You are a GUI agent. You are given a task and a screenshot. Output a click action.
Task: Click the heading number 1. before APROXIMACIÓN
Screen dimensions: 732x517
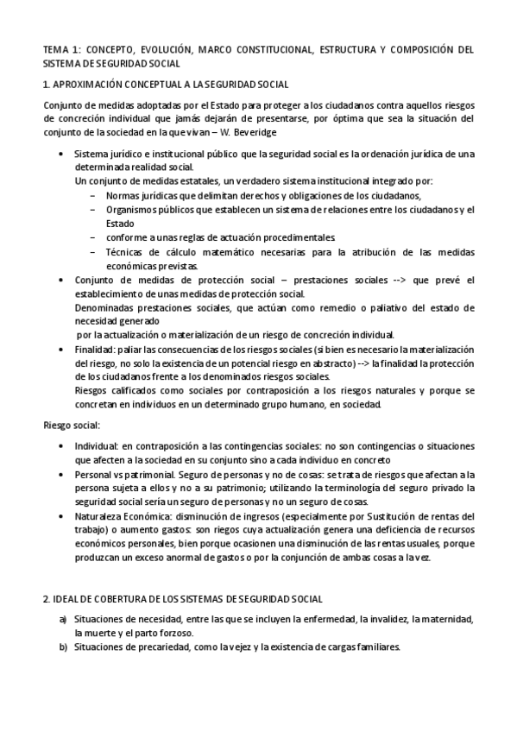(x=46, y=84)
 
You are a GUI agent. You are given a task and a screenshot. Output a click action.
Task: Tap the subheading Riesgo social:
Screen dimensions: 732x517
(x=72, y=424)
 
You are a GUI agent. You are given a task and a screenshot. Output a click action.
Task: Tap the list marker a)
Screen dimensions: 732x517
(x=62, y=619)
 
